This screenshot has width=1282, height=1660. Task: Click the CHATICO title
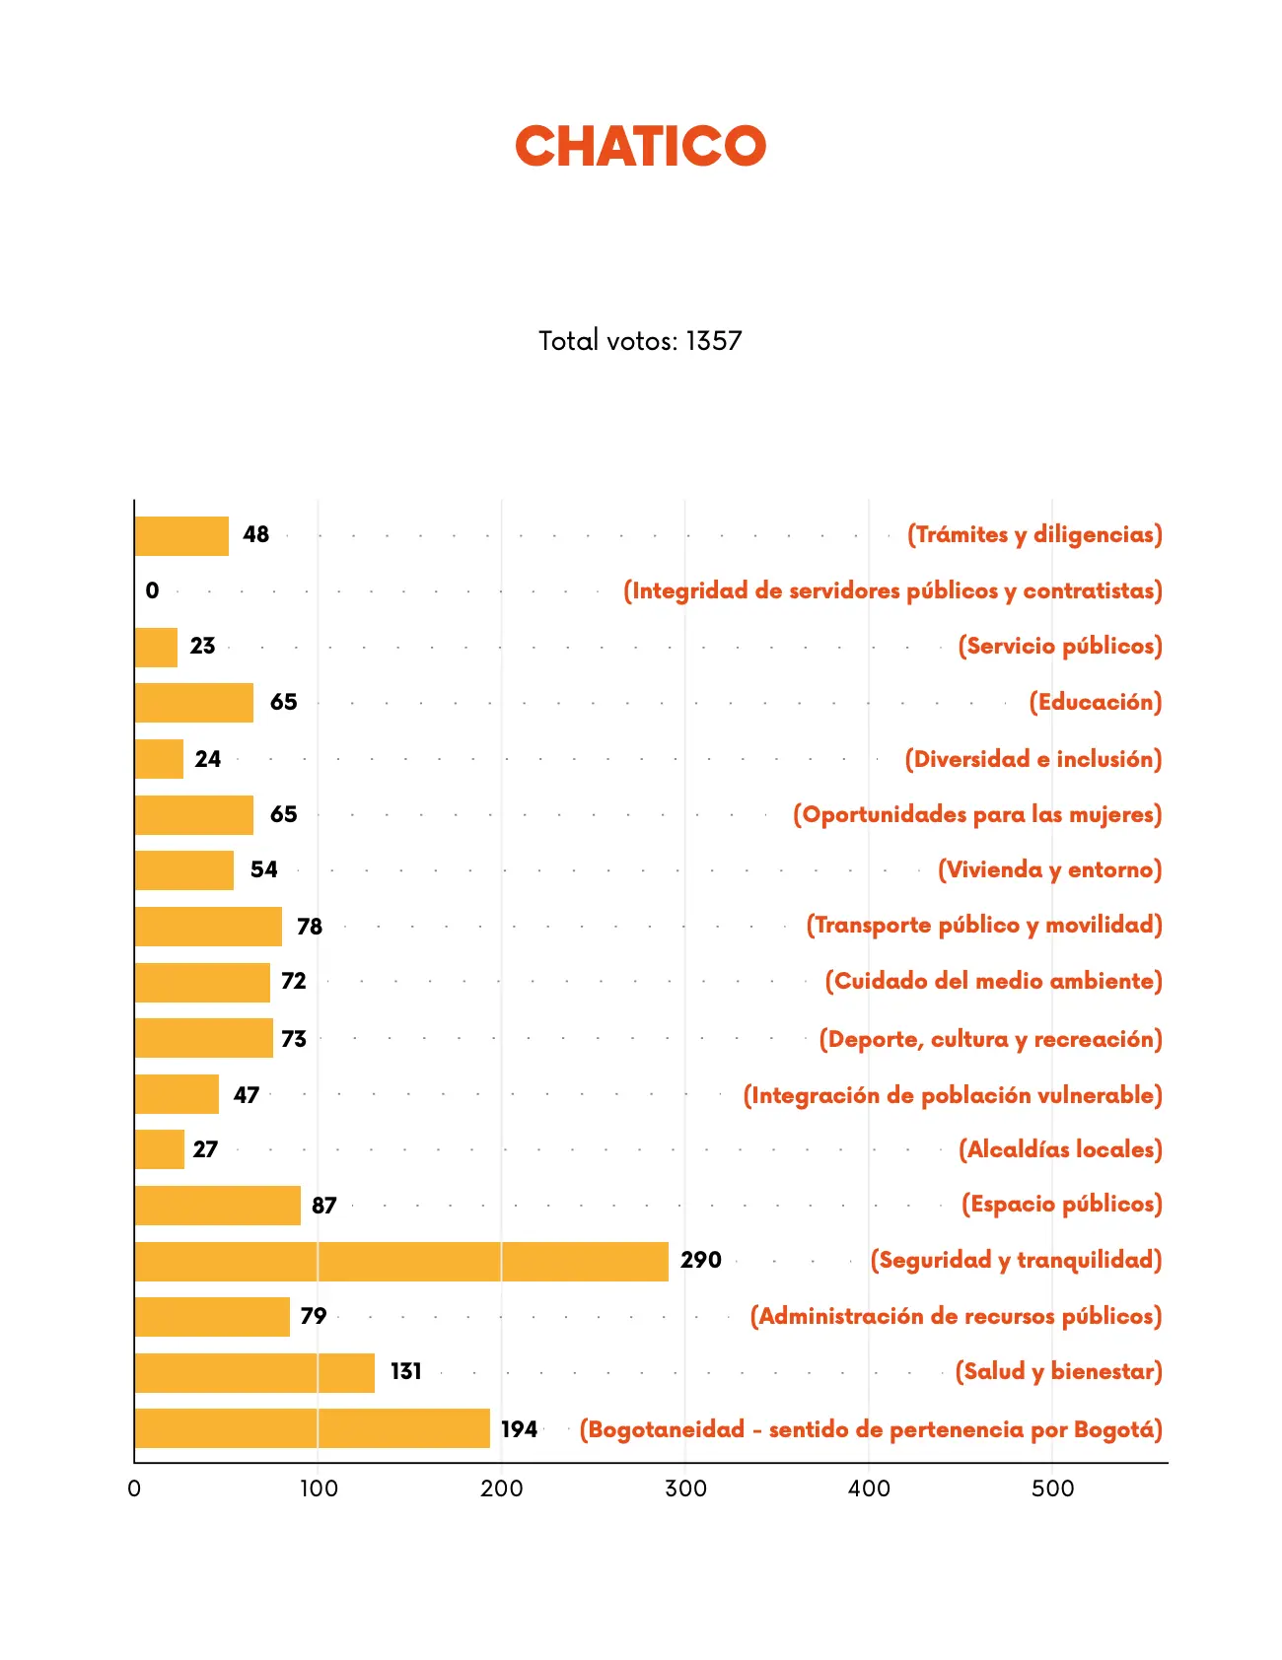tap(640, 146)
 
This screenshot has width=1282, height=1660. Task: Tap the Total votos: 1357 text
tap(640, 341)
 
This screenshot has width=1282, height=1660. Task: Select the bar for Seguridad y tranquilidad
tap(401, 1261)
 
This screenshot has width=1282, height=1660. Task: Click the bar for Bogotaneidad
tap(313, 1428)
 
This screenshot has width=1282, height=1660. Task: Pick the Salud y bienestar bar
tap(254, 1372)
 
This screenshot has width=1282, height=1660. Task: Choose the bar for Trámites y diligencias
tap(181, 536)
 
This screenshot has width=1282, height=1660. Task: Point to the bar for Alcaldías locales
tap(160, 1149)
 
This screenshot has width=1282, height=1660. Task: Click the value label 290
tap(701, 1260)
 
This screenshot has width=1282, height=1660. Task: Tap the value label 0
tap(152, 590)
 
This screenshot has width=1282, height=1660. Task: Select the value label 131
tap(405, 1371)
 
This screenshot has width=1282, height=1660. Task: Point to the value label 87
tap(324, 1206)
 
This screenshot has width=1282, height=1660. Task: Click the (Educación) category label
tap(1096, 702)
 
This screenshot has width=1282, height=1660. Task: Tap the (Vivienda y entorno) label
tap(1050, 869)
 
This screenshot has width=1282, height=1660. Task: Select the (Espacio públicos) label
tap(1062, 1204)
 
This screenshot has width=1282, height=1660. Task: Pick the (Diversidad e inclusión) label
tap(1033, 759)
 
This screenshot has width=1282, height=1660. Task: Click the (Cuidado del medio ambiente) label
tap(994, 981)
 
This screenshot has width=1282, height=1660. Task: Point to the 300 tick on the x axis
tap(685, 1488)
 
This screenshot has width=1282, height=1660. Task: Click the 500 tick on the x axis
tap(1052, 1488)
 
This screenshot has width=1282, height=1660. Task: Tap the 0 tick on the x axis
tap(134, 1488)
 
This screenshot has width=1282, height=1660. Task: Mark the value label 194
tap(519, 1429)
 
